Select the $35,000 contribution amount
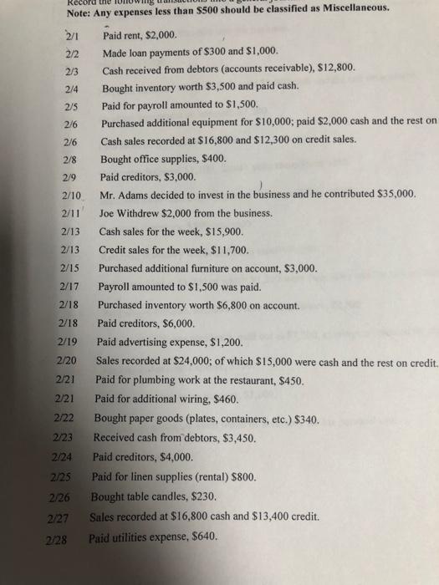coord(391,193)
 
